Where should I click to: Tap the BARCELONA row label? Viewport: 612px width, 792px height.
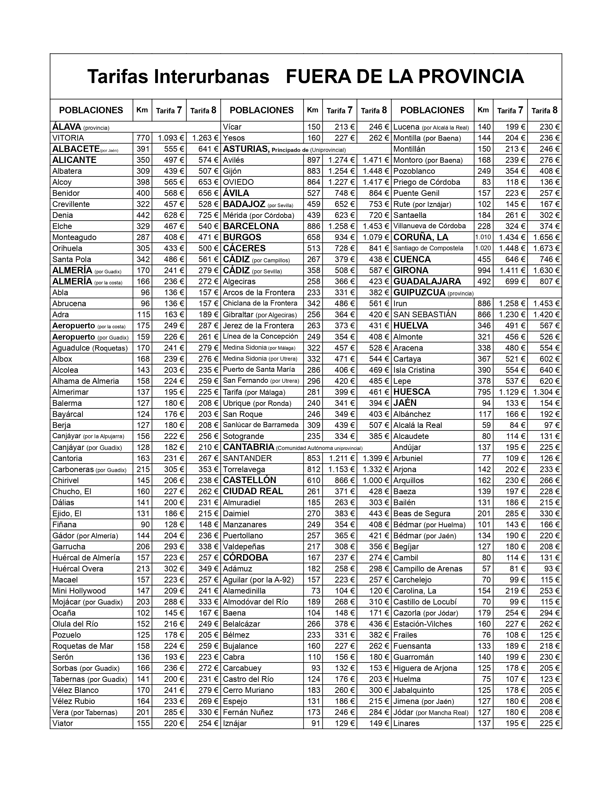(x=251, y=226)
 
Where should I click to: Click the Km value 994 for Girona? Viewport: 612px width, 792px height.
(x=484, y=270)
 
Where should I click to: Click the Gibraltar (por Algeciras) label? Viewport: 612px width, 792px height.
(x=260, y=315)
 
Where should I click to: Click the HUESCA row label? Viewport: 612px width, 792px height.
(x=412, y=392)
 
